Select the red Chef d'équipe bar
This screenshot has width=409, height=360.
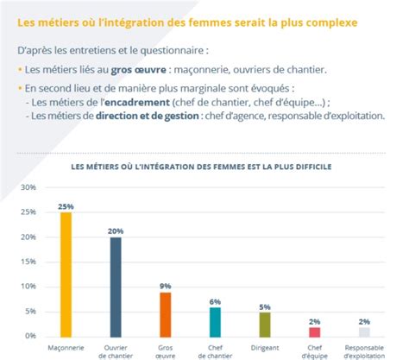pyautogui.click(x=315, y=331)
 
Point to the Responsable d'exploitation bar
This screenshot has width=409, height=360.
pyautogui.click(x=365, y=331)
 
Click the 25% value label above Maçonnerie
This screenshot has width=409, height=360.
pyautogui.click(x=66, y=206)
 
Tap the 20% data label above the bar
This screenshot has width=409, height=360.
pyautogui.click(x=116, y=231)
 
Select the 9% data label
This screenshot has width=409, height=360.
pyautogui.click(x=166, y=286)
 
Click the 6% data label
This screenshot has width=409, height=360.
pyautogui.click(x=215, y=301)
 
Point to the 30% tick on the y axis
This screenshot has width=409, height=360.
pyautogui.click(x=27, y=187)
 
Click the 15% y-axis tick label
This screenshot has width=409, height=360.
pyautogui.click(x=27, y=262)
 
